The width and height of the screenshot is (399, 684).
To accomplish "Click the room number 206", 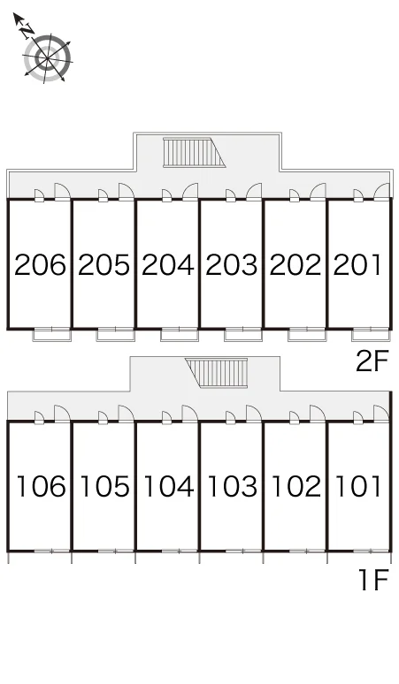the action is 40,265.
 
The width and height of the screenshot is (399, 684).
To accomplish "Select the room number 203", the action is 232,265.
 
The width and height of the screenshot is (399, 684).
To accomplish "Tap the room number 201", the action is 357,265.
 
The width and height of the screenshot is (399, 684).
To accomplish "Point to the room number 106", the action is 41,486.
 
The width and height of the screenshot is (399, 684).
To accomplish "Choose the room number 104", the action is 168,486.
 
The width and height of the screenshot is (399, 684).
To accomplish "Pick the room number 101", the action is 358,486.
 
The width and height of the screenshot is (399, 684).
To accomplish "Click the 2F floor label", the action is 372,361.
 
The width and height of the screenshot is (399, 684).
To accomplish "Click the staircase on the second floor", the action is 194,152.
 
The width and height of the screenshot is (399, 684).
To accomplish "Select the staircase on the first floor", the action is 217,373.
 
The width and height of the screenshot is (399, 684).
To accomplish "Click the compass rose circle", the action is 47,58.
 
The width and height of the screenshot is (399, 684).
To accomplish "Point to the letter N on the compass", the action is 27,30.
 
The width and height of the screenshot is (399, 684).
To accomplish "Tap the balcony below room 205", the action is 116,335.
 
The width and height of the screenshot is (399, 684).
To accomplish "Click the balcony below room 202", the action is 307,335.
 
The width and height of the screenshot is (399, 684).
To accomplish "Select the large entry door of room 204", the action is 190,192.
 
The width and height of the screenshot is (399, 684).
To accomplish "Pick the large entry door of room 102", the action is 318,414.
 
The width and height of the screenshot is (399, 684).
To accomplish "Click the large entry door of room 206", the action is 62,192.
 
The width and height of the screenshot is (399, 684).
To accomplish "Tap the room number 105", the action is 104,486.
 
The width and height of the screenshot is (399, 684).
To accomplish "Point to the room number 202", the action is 295,265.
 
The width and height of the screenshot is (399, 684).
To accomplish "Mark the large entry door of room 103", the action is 254,414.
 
